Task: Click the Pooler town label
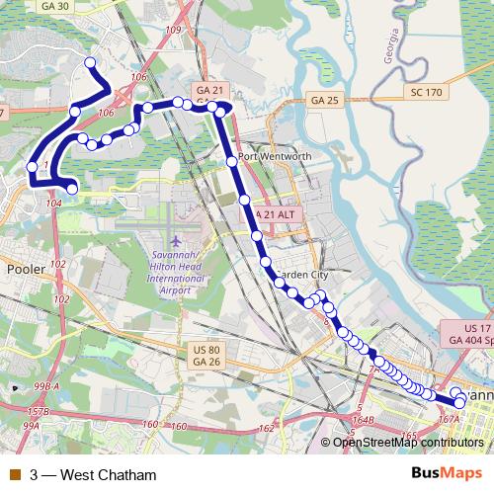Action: coord(27,268)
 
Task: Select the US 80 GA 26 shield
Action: coord(206,356)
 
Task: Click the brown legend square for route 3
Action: coord(14,475)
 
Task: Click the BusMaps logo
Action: coord(447,474)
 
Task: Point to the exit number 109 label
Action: coord(174,30)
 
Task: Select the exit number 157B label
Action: coord(39,410)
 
